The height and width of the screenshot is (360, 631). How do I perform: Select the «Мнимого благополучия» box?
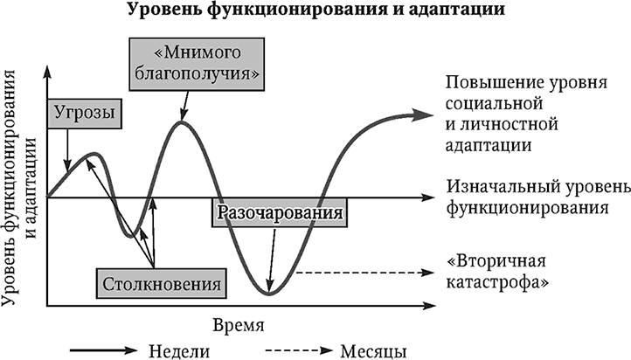coord(197,65)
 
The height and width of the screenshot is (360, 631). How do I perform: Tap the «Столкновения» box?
coord(161,284)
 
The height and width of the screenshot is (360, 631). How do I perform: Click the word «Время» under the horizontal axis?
coord(239,325)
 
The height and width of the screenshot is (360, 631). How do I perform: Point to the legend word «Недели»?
coord(179,350)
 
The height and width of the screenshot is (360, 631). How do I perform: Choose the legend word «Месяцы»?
coord(373,351)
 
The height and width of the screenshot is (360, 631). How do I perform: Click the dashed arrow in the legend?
coord(299,350)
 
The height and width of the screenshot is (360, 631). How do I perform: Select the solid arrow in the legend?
coord(104,350)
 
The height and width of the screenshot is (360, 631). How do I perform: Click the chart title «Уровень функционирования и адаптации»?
coord(315,9)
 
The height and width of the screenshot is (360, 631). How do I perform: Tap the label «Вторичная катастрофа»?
coord(497,272)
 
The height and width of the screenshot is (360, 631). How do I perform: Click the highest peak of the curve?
coord(182,121)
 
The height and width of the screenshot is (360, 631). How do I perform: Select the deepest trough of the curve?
coord(269,294)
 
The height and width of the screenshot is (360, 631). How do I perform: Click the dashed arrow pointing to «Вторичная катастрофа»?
coord(365,273)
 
